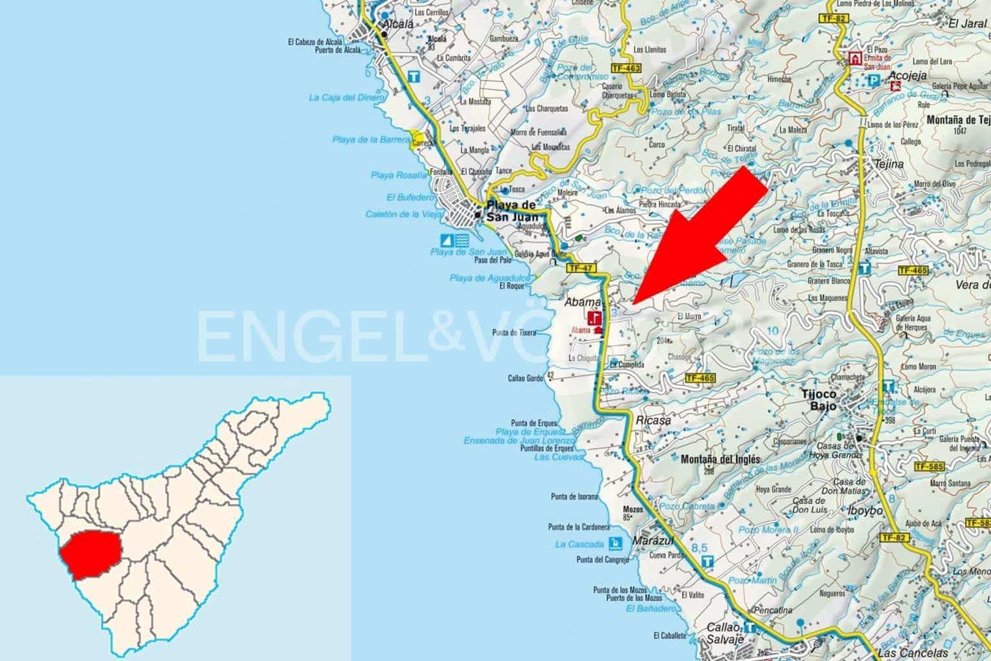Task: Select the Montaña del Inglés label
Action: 721,460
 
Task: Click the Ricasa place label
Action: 654,420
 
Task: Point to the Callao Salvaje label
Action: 726,632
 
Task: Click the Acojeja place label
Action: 908,76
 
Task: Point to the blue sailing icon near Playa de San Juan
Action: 446,241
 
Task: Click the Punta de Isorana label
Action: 574,496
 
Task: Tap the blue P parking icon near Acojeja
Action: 874,80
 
